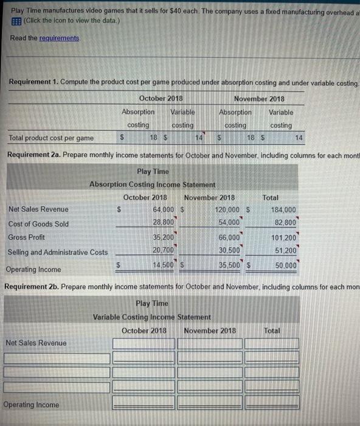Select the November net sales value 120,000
pyautogui.click(x=226, y=210)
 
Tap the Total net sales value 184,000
pyautogui.click(x=282, y=210)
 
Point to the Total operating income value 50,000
pyautogui.click(x=285, y=265)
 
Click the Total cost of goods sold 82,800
pyautogui.click(x=285, y=223)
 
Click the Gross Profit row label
pyautogui.click(x=26, y=237)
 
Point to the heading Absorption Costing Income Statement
pyautogui.click(x=152, y=184)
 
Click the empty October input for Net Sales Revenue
pyautogui.click(x=144, y=343)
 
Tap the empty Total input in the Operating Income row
pyautogui.click(x=272, y=405)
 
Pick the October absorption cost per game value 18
pyautogui.click(x=154, y=138)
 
